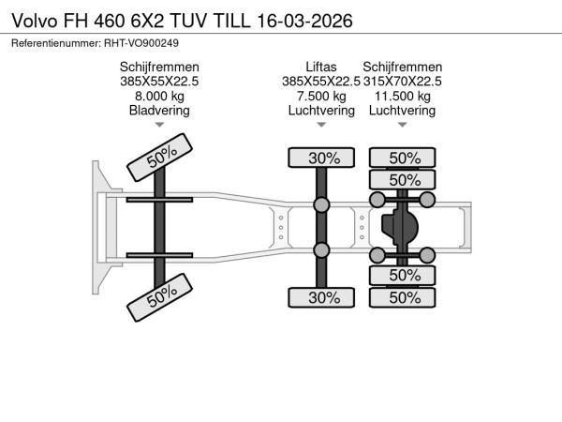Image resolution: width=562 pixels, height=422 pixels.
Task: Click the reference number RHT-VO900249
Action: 141,43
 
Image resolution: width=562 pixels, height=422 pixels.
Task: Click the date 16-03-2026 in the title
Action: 305,21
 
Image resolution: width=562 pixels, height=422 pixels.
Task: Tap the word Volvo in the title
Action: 35,21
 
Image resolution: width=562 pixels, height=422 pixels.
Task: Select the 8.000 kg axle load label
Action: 159,97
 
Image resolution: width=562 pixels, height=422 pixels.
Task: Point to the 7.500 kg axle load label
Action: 321,97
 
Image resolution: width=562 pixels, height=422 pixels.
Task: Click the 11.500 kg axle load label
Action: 403,97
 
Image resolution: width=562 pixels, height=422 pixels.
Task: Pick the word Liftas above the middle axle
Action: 321,68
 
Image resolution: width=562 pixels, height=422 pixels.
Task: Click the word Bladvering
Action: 159,110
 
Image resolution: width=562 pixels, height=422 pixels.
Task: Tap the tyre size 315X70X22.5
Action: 403,82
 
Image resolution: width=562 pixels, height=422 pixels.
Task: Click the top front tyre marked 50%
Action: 160,158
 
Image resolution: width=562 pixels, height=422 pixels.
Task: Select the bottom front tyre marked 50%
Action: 160,297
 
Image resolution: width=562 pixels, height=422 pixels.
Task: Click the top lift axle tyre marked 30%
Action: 321,158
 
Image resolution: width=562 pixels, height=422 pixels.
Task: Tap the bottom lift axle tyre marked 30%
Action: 321,297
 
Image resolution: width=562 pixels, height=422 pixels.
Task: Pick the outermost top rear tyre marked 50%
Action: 403,158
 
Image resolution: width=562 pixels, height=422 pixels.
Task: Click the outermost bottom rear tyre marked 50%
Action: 403,297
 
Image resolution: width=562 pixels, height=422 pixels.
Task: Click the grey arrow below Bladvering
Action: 159,125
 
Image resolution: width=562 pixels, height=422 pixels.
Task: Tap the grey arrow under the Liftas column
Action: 321,125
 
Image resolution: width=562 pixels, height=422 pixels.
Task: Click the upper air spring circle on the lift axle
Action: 321,204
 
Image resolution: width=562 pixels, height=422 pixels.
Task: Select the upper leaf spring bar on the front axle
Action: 159,200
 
